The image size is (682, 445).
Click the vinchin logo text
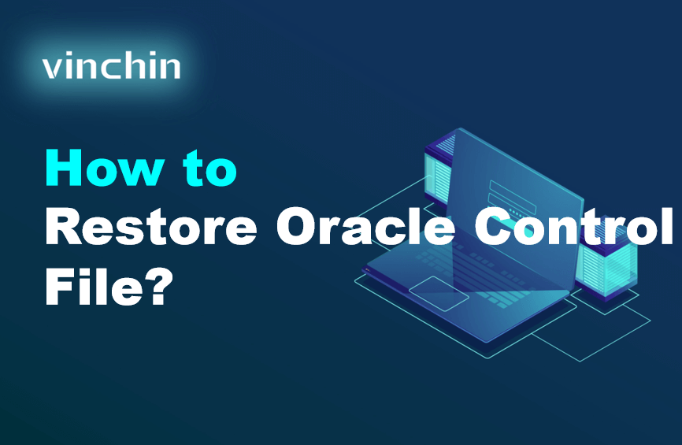pyautogui.click(x=111, y=67)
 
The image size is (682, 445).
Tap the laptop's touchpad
pyautogui.click(x=437, y=291)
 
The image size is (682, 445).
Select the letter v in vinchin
pyautogui.click(x=52, y=69)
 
